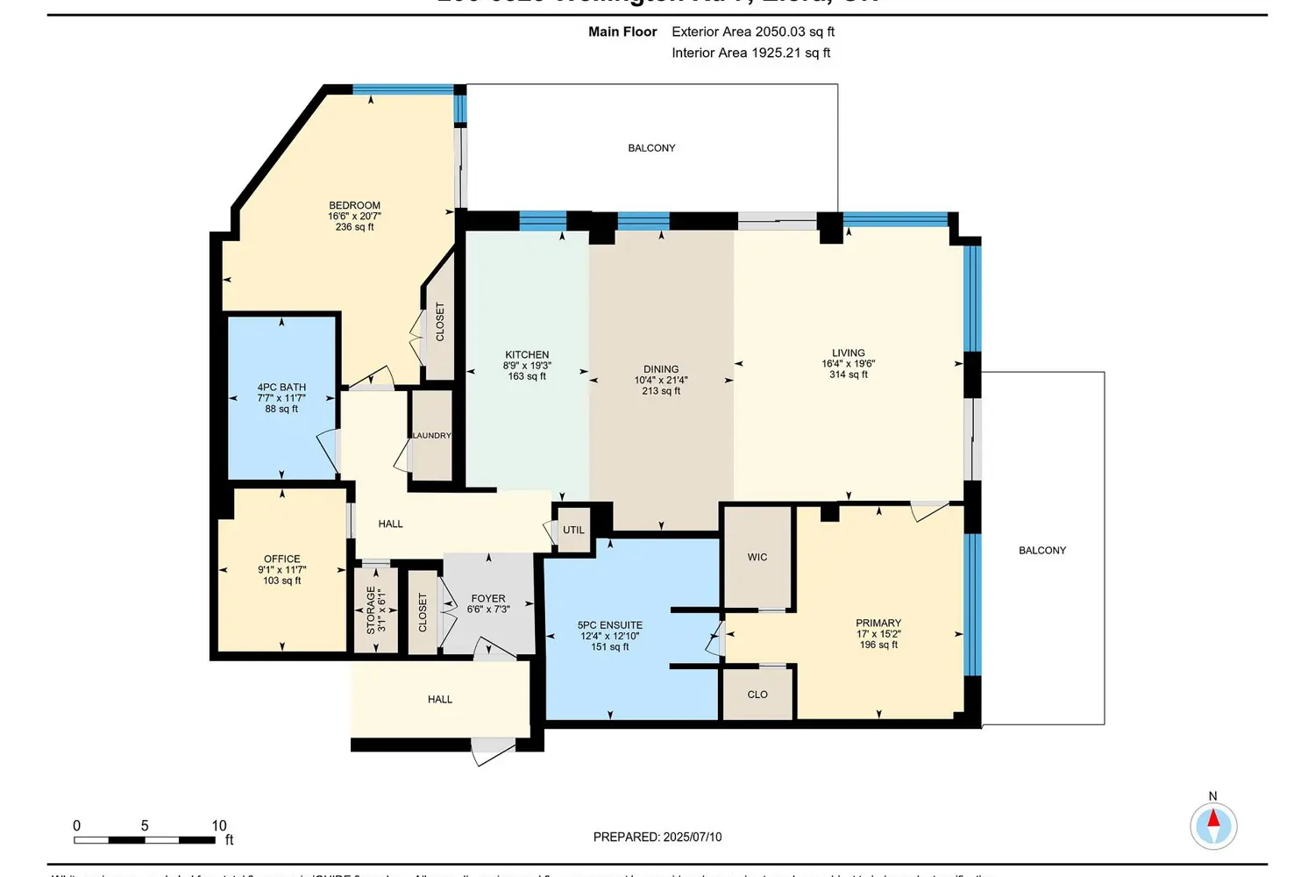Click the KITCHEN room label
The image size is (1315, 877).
click(527, 355)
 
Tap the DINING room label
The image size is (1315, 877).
click(661, 369)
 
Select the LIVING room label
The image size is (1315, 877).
click(848, 353)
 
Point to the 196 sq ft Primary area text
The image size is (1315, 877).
click(878, 645)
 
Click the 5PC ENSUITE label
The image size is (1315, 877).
click(609, 625)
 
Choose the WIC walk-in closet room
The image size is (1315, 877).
click(757, 557)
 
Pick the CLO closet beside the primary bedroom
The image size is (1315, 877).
click(757, 694)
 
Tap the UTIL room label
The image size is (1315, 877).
click(573, 530)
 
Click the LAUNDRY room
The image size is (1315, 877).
click(431, 436)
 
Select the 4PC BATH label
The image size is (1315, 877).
click(281, 387)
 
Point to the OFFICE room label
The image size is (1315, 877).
click(281, 559)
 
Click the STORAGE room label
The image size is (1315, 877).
click(371, 610)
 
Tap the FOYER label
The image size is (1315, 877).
click(488, 598)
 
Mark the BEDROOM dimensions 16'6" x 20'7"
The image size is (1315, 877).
click(354, 216)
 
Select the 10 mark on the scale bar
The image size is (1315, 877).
click(219, 825)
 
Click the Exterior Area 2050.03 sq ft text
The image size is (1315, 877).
click(752, 32)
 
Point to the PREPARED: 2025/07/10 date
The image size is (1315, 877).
click(657, 837)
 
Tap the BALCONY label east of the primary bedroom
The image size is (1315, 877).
click(1042, 550)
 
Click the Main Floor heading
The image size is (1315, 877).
click(622, 32)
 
